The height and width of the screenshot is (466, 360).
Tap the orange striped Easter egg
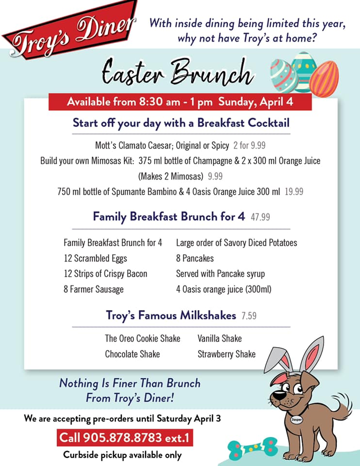(x=324, y=79)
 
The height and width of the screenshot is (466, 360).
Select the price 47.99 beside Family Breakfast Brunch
(x=260, y=217)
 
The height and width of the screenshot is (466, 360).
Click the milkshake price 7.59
(x=249, y=316)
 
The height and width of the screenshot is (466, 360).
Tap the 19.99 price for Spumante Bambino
(x=294, y=191)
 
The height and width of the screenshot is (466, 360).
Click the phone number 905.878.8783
(x=122, y=437)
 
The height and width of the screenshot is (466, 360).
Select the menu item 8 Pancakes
(x=195, y=258)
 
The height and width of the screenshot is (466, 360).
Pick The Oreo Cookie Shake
(x=143, y=338)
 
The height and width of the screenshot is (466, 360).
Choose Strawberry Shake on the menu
(x=227, y=354)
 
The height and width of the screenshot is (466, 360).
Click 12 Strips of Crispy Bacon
(x=105, y=274)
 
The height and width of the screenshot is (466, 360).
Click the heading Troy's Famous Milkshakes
(x=171, y=316)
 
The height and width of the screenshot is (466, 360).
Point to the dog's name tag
(x=296, y=419)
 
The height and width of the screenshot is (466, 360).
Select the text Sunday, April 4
(x=256, y=101)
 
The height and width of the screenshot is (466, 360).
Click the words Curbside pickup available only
(x=122, y=455)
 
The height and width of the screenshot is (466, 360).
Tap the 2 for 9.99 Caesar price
(x=249, y=145)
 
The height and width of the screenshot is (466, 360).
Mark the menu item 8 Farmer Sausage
(x=94, y=289)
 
